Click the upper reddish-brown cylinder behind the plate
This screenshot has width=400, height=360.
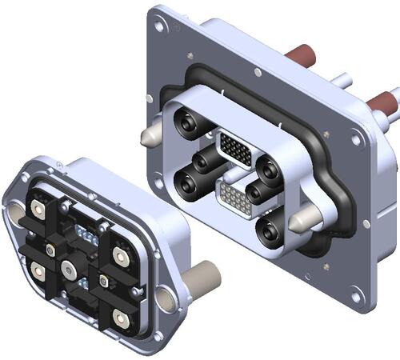(x=302, y=55)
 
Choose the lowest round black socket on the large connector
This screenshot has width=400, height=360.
(x=270, y=232)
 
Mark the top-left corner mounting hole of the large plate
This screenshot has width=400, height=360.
(x=160, y=26)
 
